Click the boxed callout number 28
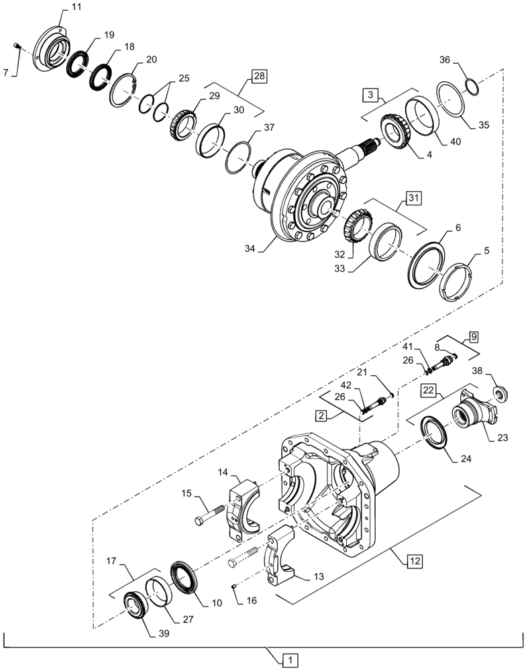259,76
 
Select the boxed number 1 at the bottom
289,660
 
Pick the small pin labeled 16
234,587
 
